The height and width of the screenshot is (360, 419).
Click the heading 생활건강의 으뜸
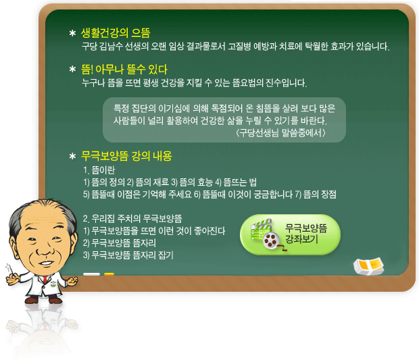click(116, 33)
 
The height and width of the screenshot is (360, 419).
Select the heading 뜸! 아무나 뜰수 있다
click(124, 70)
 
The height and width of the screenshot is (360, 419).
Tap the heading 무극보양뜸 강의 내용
click(126, 156)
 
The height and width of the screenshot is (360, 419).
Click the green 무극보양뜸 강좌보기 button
click(290, 234)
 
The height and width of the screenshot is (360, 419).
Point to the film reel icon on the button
click(271, 240)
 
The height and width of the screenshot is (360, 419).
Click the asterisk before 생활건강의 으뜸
click(72, 33)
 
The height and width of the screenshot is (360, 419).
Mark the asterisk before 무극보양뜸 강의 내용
click(72, 156)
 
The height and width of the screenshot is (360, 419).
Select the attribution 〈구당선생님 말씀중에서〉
click(280, 133)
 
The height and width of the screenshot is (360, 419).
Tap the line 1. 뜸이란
click(99, 170)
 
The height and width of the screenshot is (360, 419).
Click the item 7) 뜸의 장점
click(316, 195)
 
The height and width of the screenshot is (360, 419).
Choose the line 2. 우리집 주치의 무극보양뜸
click(132, 219)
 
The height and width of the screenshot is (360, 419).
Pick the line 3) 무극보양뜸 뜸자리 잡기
click(128, 255)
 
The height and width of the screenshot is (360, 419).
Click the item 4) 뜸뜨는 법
click(236, 182)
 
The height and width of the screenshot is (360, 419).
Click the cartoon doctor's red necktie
click(45, 280)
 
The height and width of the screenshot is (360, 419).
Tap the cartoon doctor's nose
click(45, 250)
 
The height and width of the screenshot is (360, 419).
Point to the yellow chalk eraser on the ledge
click(368, 266)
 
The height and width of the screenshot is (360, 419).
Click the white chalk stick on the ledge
click(91, 274)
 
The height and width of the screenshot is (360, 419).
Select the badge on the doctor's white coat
click(53, 284)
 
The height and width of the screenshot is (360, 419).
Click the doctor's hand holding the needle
click(13, 279)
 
